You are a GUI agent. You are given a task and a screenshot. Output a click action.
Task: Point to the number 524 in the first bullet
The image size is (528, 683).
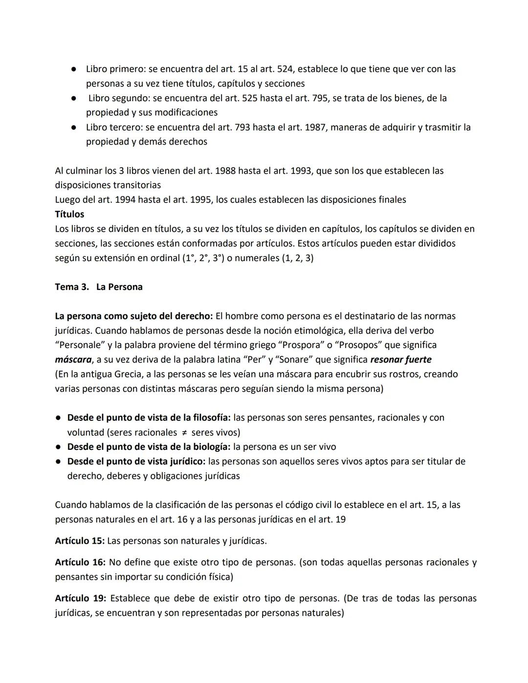285,69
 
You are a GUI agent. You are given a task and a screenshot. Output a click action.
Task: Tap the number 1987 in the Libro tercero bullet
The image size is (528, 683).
316,127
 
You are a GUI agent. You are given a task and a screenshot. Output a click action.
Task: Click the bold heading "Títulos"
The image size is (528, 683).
69,214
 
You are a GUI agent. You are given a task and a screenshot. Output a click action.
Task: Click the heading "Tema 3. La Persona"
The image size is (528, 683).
99,287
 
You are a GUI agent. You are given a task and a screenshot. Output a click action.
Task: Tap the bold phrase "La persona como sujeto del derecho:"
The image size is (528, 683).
134,316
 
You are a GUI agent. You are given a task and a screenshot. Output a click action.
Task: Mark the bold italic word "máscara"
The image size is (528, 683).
73,360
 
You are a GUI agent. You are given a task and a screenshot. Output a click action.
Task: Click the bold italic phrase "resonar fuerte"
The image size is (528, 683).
401,360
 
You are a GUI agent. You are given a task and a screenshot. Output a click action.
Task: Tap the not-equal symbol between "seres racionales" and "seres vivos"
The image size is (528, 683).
184,433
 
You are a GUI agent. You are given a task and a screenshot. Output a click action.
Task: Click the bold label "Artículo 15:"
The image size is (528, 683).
80,541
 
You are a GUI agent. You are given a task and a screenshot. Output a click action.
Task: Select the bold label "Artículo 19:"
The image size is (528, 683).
80,598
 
